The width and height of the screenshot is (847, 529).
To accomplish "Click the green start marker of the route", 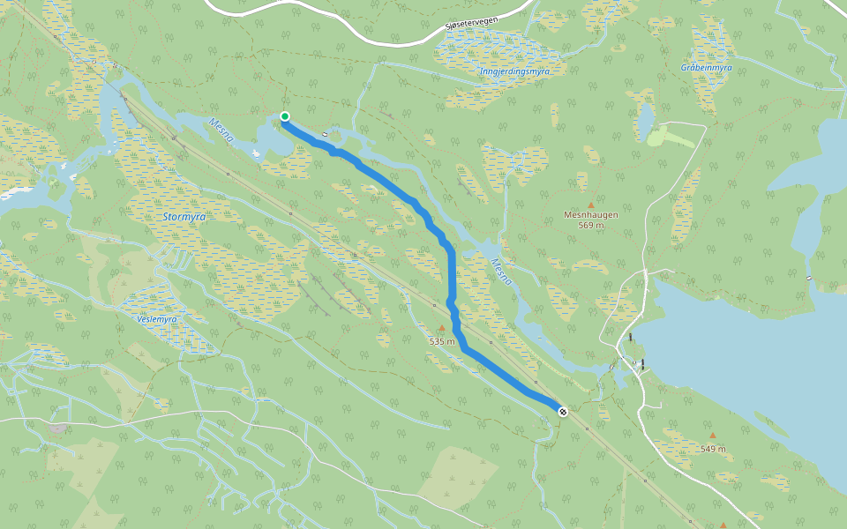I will pyautogui.click(x=285, y=116).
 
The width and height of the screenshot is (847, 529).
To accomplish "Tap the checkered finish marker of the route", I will pyautogui.click(x=562, y=410).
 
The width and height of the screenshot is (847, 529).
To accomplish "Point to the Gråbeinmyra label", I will pyautogui.click(x=707, y=68).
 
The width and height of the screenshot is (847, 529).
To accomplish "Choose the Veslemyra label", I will pyautogui.click(x=158, y=319).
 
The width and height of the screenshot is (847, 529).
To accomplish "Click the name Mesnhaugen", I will pyautogui.click(x=591, y=214).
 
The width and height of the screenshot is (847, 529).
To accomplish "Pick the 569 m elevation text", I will pyautogui.click(x=591, y=225).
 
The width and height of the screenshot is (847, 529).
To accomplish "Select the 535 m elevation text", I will pyautogui.click(x=442, y=341).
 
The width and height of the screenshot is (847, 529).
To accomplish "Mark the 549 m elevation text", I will pyautogui.click(x=713, y=449).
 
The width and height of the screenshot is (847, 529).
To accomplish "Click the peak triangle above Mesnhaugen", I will pyautogui.click(x=591, y=205).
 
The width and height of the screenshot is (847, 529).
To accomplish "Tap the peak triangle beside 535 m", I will pyautogui.click(x=442, y=329).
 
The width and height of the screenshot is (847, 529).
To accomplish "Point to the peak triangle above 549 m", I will pyautogui.click(x=713, y=436).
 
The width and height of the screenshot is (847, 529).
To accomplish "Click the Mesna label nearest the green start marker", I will pyautogui.click(x=221, y=130).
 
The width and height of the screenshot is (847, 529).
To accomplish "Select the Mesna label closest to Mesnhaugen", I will pyautogui.click(x=501, y=271).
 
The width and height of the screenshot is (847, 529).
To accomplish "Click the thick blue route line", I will pyautogui.click(x=452, y=273).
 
